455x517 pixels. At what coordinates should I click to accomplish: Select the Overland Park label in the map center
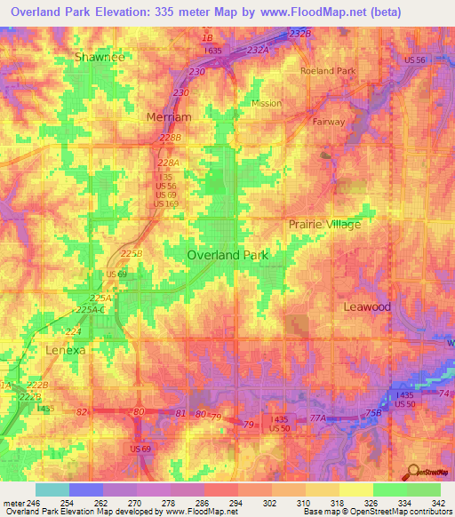pyautogui.click(x=227, y=254)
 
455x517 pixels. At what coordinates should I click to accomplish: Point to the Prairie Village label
pyautogui.click(x=324, y=224)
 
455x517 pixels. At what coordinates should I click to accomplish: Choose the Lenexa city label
pyautogui.click(x=66, y=350)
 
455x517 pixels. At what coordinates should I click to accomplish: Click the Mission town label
pyautogui.click(x=266, y=103)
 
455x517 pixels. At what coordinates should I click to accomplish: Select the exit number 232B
pyautogui.click(x=300, y=34)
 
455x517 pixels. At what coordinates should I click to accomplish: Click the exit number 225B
pyautogui.click(x=132, y=253)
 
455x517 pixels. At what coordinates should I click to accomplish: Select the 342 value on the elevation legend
pyautogui.click(x=440, y=503)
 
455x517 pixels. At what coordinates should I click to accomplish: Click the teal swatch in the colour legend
pyautogui.click(x=52, y=489)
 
